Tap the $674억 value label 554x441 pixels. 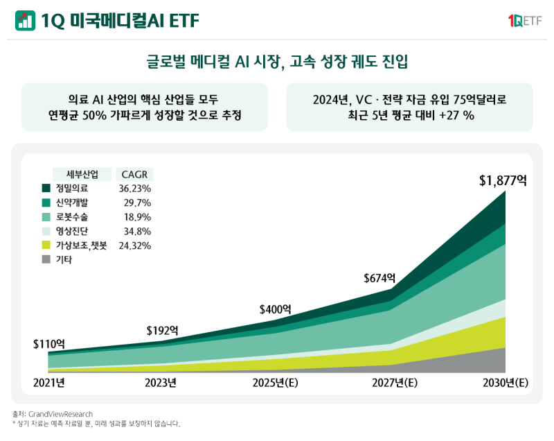(x=379, y=278)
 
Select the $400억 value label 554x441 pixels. (x=275, y=309)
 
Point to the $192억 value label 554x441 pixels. (x=162, y=330)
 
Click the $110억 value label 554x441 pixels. (x=48, y=343)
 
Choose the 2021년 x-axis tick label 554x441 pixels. (x=48, y=382)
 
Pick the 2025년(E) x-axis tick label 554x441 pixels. (x=276, y=382)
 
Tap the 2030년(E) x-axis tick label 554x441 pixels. (x=503, y=382)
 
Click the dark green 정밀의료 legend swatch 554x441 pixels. (x=46, y=188)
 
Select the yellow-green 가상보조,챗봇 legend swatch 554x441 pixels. (x=46, y=245)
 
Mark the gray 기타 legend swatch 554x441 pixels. (x=46, y=259)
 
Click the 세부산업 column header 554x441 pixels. (x=82, y=173)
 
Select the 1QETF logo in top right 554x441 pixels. (x=524, y=21)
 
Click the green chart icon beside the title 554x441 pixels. (x=25, y=21)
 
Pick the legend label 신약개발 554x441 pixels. (x=72, y=202)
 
